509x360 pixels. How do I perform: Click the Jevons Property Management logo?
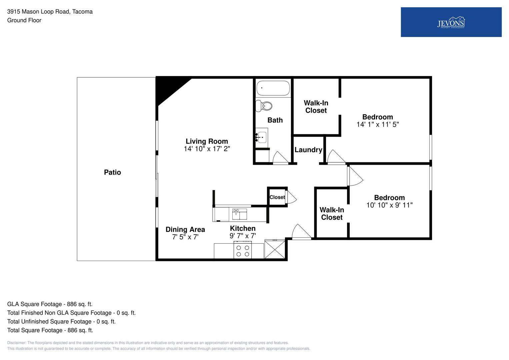[451, 22]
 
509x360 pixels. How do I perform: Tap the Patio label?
[112, 172]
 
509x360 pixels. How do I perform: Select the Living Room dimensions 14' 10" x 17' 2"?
[207, 149]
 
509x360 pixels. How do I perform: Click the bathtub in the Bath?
[273, 88]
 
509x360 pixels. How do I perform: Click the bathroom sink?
[262, 137]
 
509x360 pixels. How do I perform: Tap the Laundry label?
[308, 150]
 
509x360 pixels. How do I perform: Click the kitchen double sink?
[240, 214]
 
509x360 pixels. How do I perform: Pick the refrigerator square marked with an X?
[275, 249]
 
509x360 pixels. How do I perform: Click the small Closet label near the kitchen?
[277, 197]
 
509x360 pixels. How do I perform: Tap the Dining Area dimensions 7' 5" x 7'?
[185, 237]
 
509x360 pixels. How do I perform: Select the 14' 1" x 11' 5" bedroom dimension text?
[378, 125]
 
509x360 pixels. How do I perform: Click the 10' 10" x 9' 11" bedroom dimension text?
[389, 205]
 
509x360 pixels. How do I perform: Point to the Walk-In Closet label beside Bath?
[316, 107]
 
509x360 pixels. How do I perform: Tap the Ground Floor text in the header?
[24, 20]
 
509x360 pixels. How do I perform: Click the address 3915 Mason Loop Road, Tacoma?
[50, 12]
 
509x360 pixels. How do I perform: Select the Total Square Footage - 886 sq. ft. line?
[50, 330]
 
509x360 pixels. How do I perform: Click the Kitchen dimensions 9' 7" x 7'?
[243, 236]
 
